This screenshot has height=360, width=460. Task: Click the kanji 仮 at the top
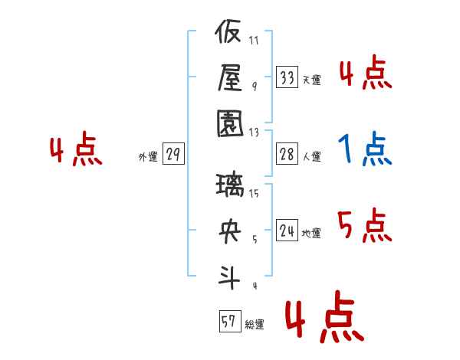tap(228, 31)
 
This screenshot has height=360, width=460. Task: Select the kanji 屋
tap(230, 78)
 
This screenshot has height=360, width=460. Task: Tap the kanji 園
tap(230, 124)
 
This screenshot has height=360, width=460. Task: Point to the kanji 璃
tap(230, 185)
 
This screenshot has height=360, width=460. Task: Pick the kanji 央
tap(230, 231)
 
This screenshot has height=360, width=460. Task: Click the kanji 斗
tap(229, 277)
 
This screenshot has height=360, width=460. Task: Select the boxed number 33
tap(287, 77)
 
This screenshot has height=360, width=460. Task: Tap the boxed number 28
tap(287, 154)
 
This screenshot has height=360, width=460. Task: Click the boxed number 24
tap(287, 230)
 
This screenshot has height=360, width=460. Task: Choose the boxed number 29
tap(173, 154)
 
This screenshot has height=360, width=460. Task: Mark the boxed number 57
tap(230, 321)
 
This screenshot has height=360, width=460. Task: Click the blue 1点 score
tap(365, 149)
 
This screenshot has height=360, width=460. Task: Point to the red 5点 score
tap(365, 226)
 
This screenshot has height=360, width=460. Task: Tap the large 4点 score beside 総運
tap(324, 317)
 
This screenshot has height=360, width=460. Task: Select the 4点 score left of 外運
tap(76, 149)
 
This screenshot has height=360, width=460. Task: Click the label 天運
tap(312, 80)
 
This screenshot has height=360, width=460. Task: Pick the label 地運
tap(311, 234)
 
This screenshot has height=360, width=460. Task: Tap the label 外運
tap(148, 157)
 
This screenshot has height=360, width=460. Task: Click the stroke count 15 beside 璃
tap(254, 194)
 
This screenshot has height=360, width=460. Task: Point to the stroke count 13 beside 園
tap(254, 133)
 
